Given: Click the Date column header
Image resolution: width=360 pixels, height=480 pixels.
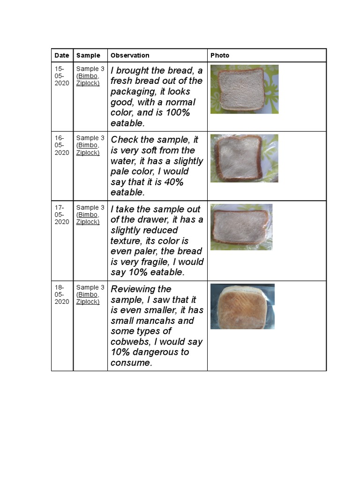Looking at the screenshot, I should pos(62,55).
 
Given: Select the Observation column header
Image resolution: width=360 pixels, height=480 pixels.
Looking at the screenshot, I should pos(130,55).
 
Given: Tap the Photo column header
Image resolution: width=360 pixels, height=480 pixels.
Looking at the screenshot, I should pos(220,55).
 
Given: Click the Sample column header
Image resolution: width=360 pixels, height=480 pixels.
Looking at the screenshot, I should pos(88,55).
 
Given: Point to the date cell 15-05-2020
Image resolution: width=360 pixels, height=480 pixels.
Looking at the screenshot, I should pos(62,76).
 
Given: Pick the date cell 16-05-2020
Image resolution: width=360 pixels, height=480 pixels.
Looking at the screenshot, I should pos(62,145).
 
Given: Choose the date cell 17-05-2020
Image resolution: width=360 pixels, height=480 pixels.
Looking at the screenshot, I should pos(62,215).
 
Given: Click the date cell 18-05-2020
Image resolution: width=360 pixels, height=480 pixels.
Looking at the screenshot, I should pos(62,294).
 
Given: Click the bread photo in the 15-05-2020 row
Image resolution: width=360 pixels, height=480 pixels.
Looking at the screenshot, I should pos(244,89).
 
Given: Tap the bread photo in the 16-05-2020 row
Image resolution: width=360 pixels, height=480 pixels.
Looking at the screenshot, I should pos(244,158).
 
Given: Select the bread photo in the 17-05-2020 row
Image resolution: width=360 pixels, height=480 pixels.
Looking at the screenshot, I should pos(241,227).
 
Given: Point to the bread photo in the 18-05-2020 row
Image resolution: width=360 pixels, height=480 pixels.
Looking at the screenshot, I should pos(242,306).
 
